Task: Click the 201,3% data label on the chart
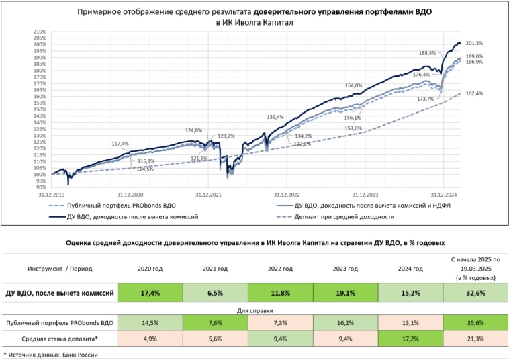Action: point(474,43)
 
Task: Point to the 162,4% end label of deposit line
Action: point(474,93)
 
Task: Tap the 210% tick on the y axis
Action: point(40,32)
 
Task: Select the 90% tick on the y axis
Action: point(41,187)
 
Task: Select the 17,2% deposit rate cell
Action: point(410,338)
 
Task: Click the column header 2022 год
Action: point(279,268)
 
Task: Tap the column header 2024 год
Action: point(410,268)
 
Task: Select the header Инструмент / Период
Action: point(60,268)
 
